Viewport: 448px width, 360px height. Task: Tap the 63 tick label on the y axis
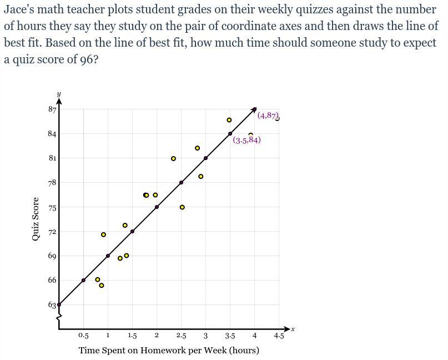tap(52, 304)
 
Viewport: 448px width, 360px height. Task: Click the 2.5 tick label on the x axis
tap(181, 336)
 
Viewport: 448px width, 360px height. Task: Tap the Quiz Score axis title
tap(36, 219)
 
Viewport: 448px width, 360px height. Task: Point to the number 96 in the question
tap(86, 59)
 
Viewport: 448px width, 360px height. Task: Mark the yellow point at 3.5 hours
tap(229, 120)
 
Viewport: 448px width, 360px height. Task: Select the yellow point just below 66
tap(102, 286)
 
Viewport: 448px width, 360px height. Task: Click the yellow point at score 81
tap(173, 159)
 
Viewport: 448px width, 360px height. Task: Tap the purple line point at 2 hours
tap(157, 207)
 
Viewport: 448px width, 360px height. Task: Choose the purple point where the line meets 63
tap(59, 304)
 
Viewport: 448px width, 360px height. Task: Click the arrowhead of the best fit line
tap(254, 109)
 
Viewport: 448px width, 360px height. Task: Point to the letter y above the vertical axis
tap(59, 94)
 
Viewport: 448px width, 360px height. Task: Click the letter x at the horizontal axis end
tap(293, 329)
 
